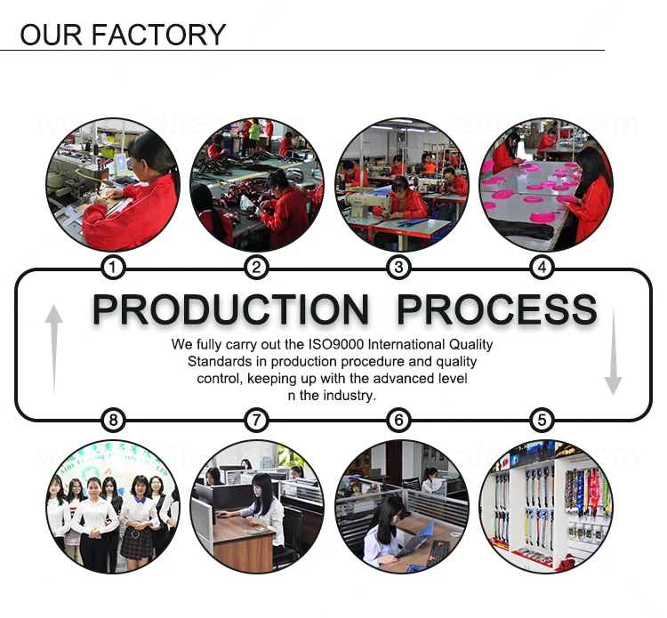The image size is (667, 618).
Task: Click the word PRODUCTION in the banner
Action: coord(230,310)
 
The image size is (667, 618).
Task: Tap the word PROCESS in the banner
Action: coord(496,310)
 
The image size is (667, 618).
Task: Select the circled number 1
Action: coord(112,267)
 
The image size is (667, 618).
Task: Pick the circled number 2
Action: coord(256,267)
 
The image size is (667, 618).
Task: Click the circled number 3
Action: coord(399,267)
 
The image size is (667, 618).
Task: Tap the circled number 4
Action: coord(542,267)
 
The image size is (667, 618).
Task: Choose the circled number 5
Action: coord(542,420)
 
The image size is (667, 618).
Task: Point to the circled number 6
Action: coord(399,420)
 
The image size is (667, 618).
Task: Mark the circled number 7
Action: coord(256,420)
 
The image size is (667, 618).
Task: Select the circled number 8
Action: coord(112,420)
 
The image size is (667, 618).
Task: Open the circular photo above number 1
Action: coord(112,184)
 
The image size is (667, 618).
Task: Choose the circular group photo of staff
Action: coord(112,506)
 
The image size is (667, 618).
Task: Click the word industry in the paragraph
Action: coord(348,396)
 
